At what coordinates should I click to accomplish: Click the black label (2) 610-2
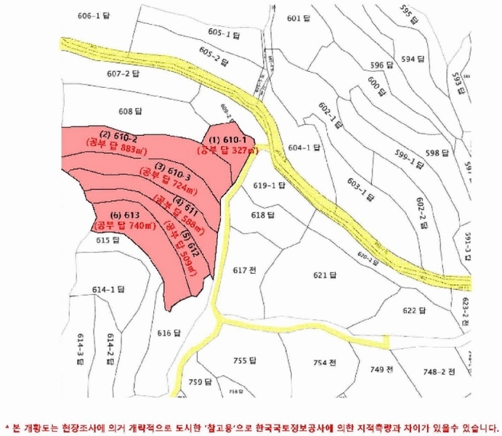tap(118, 136)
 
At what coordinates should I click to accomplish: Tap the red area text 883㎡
tap(133, 148)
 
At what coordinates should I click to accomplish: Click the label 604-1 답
tap(304, 148)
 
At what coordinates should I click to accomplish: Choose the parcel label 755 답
tap(246, 360)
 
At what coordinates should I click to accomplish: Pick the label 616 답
tap(168, 333)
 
